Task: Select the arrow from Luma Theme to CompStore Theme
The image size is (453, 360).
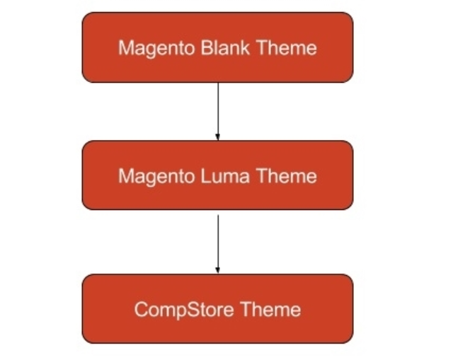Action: coord(217,240)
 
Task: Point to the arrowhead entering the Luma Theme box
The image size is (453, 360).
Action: coord(217,136)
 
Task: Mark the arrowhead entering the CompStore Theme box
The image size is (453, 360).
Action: coord(217,269)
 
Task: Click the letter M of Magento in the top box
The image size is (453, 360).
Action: coord(125,48)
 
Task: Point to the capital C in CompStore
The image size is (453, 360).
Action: coord(139,309)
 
